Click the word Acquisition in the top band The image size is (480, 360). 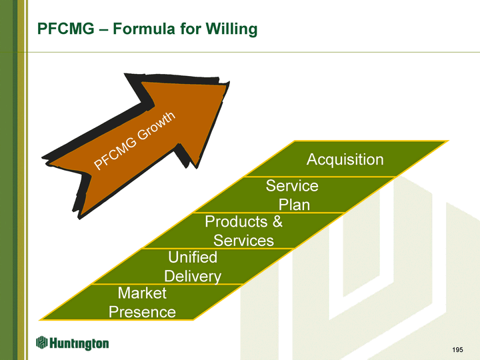click(x=345, y=159)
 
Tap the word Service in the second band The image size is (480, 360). click(x=292, y=185)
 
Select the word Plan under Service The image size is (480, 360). click(x=294, y=204)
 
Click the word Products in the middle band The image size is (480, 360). click(x=234, y=221)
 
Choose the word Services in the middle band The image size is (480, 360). click(x=243, y=240)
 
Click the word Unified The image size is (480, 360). click(x=193, y=257)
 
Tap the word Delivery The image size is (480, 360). click(x=193, y=275)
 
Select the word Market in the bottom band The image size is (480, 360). click(x=141, y=293)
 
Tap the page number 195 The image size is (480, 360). click(x=457, y=349)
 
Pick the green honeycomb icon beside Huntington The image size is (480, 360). click(x=41, y=343)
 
